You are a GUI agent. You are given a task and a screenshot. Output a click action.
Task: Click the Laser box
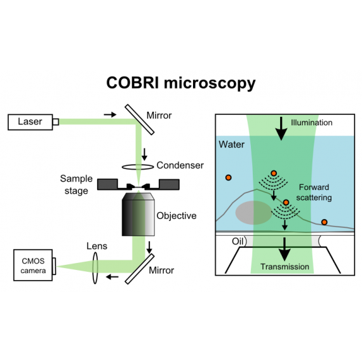[30, 122]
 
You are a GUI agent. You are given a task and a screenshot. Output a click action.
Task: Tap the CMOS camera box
[33, 265]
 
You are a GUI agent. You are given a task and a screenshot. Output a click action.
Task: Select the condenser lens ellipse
[138, 166]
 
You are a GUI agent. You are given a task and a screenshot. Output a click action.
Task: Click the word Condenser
[180, 165]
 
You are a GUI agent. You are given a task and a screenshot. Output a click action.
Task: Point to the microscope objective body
[138, 214]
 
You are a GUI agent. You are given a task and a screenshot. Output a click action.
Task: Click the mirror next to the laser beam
[140, 119]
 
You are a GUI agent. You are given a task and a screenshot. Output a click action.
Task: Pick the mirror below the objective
[140, 269]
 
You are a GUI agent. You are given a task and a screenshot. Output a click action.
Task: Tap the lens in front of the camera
[95, 268]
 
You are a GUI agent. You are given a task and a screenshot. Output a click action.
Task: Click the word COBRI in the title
[133, 83]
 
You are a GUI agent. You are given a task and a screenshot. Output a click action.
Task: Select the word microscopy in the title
[210, 84]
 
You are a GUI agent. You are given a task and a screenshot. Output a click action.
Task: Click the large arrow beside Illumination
[281, 128]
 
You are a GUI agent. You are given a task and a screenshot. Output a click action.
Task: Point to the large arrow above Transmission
[285, 250]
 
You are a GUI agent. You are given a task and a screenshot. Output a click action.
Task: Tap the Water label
[232, 145]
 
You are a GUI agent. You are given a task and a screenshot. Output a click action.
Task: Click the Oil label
[238, 241]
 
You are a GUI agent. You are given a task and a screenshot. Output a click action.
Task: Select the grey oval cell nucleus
[254, 213]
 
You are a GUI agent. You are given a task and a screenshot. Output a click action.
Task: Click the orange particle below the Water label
[229, 178]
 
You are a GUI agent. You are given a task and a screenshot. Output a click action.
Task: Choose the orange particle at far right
[325, 222]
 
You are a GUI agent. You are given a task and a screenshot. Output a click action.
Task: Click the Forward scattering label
[314, 192]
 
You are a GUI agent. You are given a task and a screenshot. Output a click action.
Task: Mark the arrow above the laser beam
[110, 114]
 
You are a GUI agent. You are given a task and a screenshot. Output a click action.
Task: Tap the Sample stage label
[76, 185]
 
